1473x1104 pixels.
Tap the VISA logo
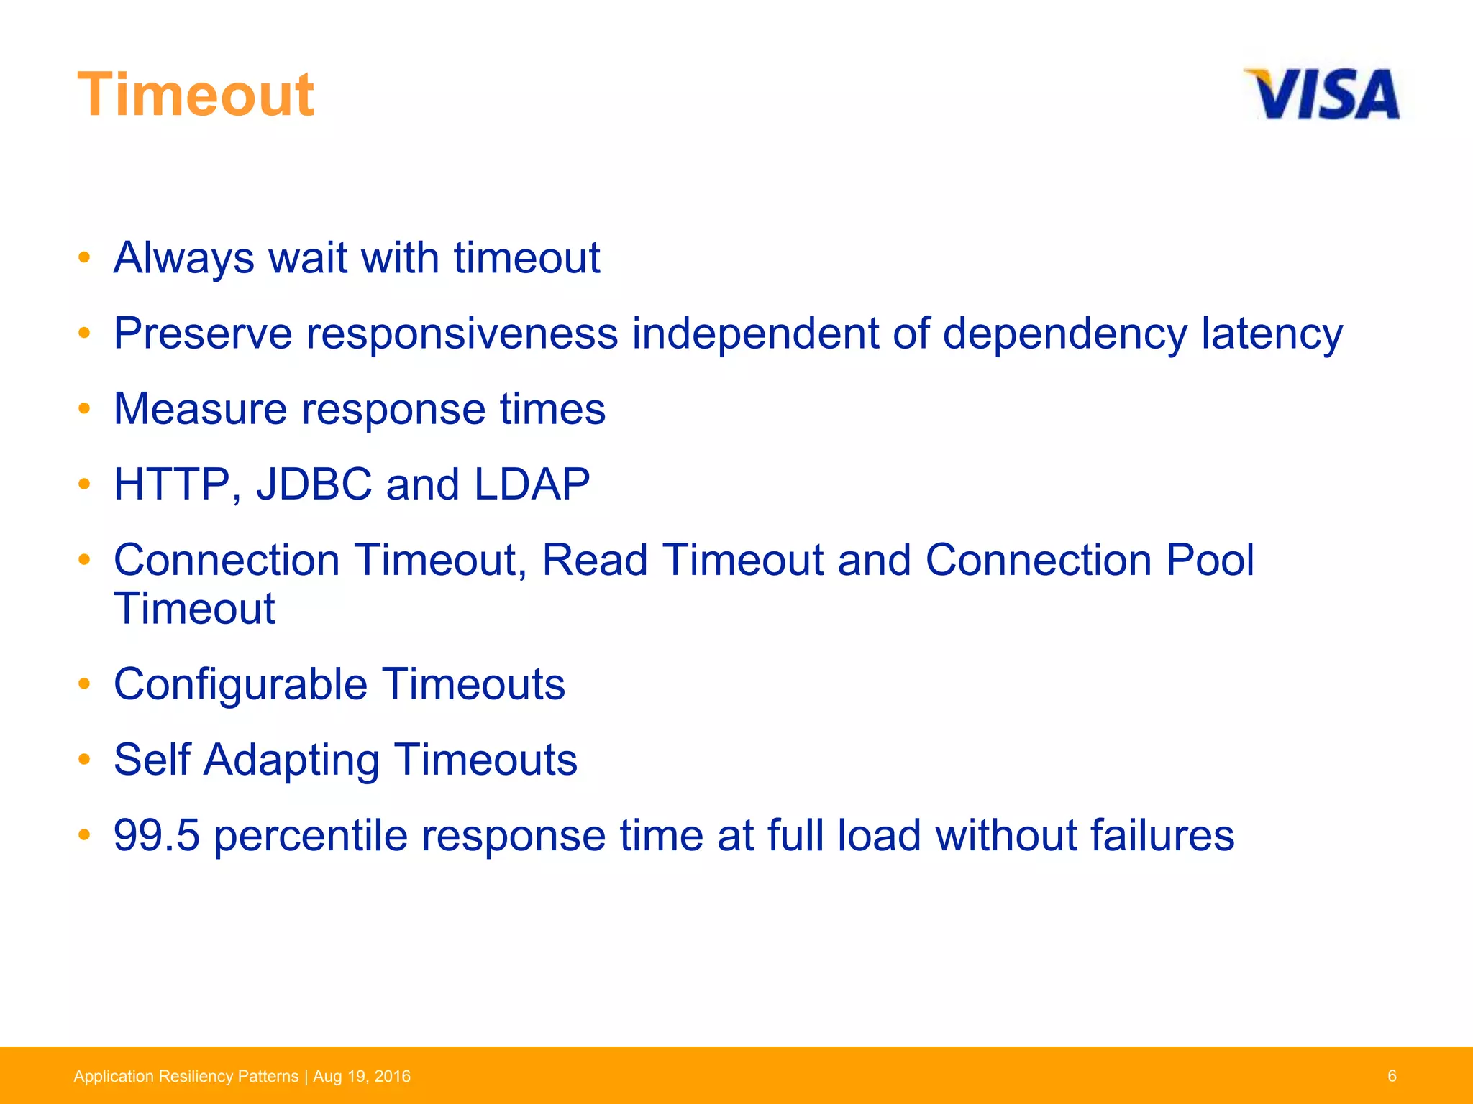coord(1322,94)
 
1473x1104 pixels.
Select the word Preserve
coord(203,333)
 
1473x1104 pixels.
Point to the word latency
coord(1272,333)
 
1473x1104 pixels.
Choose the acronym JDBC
coord(314,484)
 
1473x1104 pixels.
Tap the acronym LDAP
coord(532,484)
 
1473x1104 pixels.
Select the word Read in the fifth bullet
coord(594,560)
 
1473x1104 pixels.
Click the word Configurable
coord(240,684)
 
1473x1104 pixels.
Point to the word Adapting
coord(291,760)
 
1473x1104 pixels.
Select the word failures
coord(1162,835)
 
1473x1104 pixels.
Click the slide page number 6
coord(1392,1075)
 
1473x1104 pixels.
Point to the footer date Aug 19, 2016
coord(362,1076)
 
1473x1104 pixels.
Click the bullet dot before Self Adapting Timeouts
coord(84,758)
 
